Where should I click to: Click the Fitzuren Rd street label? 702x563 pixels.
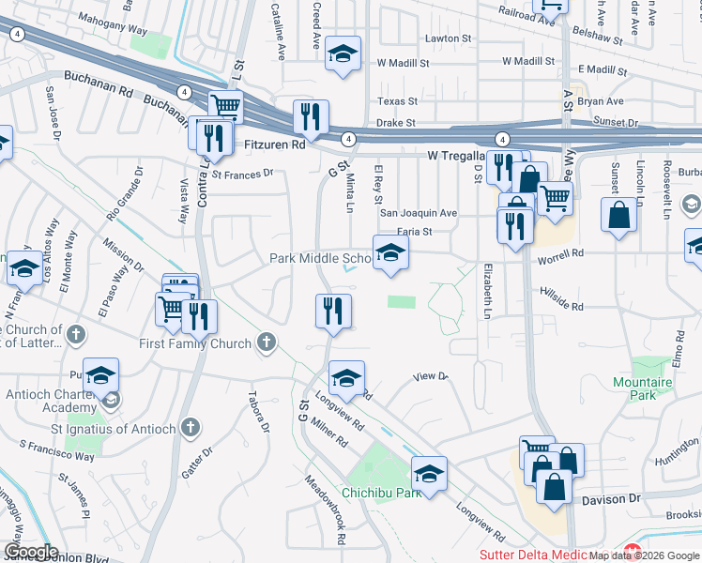(274, 145)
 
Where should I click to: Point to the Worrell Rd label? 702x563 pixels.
(563, 253)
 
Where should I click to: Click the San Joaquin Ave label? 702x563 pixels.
(419, 213)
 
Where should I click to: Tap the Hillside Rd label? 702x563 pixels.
(562, 306)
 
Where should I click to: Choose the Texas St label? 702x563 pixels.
(397, 100)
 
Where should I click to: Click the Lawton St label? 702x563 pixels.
(448, 38)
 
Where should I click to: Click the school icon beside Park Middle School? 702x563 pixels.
(391, 252)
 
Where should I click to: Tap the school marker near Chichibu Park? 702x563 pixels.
(429, 473)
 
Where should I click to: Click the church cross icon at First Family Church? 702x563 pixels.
(267, 342)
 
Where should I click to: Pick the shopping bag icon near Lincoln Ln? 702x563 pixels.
(619, 214)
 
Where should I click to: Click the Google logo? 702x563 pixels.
(31, 552)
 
